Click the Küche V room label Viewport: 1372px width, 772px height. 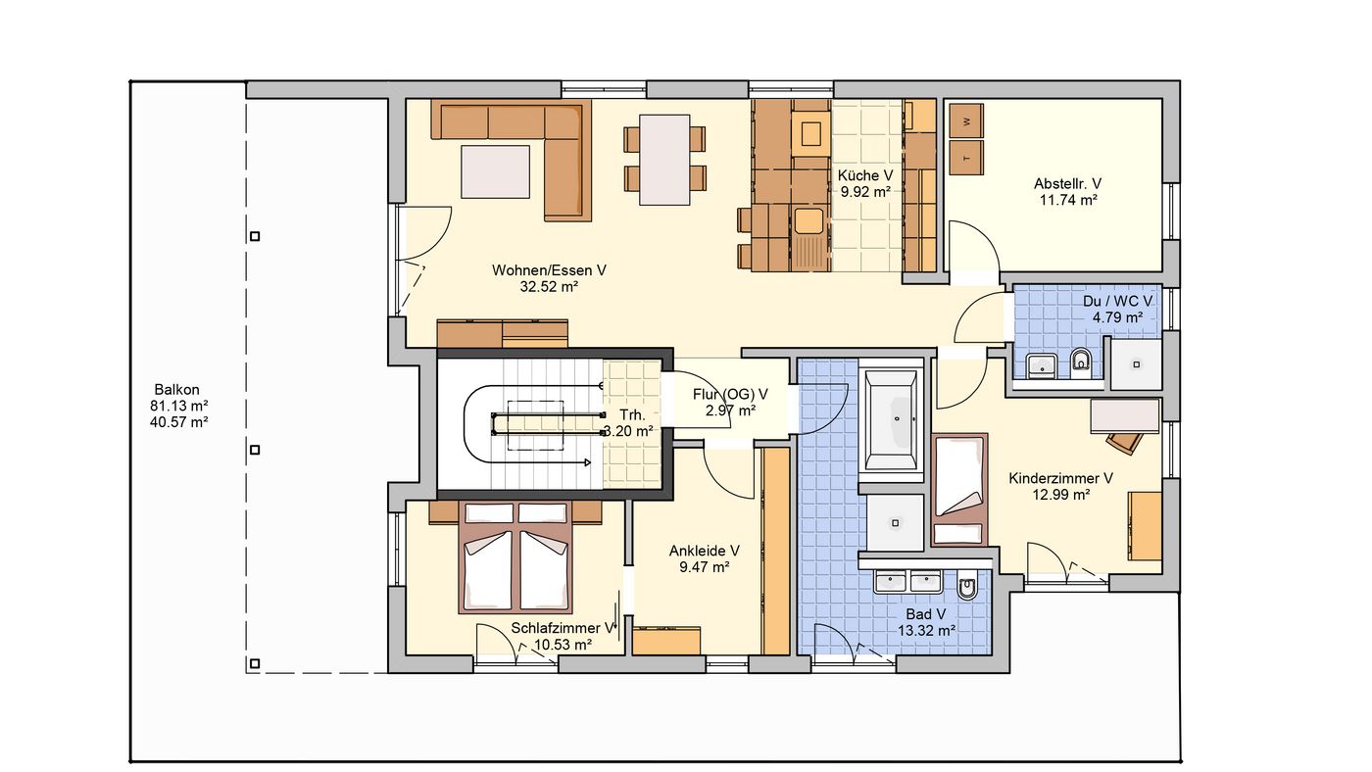(x=864, y=175)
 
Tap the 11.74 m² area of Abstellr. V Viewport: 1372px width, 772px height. (x=1068, y=200)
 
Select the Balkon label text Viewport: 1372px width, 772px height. (x=177, y=389)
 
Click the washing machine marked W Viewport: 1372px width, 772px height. (x=966, y=121)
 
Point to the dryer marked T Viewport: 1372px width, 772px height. (x=966, y=158)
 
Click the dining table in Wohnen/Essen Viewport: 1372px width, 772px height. (x=664, y=160)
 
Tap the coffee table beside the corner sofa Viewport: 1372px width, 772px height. (x=496, y=171)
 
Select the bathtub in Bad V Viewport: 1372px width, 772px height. (x=891, y=420)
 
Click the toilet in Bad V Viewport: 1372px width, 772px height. (x=967, y=587)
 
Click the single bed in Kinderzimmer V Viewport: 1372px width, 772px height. (x=959, y=489)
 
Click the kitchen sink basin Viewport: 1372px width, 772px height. (x=809, y=220)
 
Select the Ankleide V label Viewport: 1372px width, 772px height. (x=704, y=551)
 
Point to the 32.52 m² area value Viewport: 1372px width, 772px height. (x=550, y=286)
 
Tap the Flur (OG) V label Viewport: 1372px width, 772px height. (x=730, y=394)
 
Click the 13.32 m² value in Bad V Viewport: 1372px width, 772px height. (x=927, y=631)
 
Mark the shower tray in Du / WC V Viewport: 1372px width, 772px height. (x=1136, y=363)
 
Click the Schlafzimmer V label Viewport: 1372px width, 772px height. (x=563, y=628)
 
